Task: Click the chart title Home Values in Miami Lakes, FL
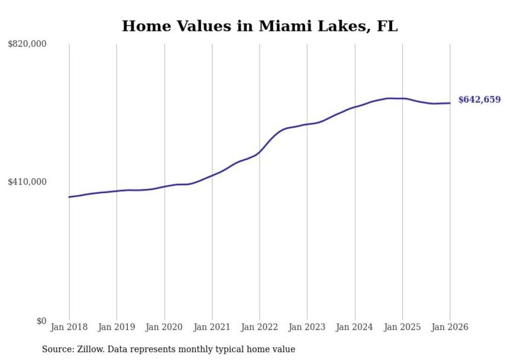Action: pyautogui.click(x=260, y=26)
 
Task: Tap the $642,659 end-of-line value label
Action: pyautogui.click(x=479, y=99)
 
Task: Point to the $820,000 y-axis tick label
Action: pyautogui.click(x=27, y=44)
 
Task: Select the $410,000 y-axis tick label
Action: pyautogui.click(x=27, y=182)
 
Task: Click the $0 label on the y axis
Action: pyautogui.click(x=41, y=321)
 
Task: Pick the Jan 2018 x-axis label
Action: pyautogui.click(x=69, y=327)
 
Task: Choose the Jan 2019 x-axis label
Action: pyautogui.click(x=116, y=327)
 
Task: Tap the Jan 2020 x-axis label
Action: pyautogui.click(x=164, y=327)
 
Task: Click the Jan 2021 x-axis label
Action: pyautogui.click(x=212, y=327)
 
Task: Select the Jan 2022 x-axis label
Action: pyautogui.click(x=260, y=327)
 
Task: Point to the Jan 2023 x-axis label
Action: pyautogui.click(x=307, y=327)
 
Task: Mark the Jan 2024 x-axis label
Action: pyautogui.click(x=355, y=327)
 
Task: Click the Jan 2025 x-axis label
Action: pyautogui.click(x=402, y=327)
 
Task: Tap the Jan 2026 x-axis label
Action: pyautogui.click(x=450, y=327)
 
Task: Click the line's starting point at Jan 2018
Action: pyautogui.click(x=69, y=197)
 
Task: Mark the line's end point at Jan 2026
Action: pyautogui.click(x=450, y=103)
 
